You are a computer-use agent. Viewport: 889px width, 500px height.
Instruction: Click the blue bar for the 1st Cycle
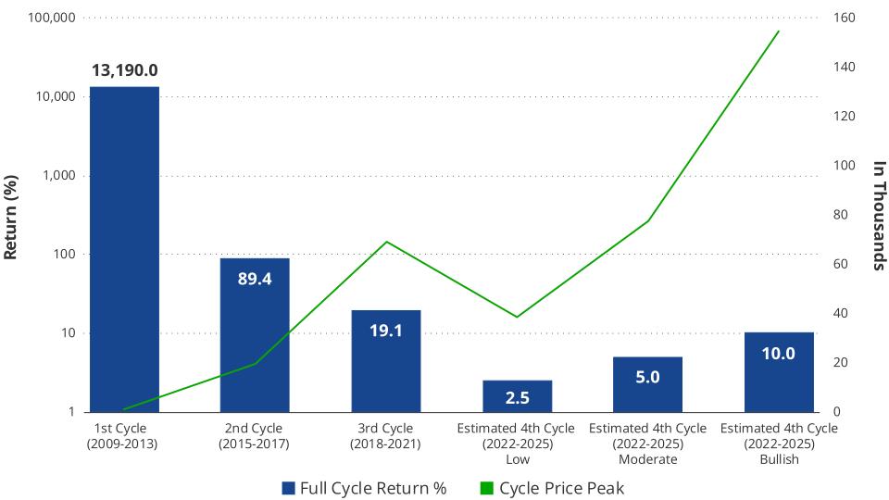[124, 249]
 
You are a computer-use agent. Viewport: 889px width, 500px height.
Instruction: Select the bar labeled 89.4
[255, 334]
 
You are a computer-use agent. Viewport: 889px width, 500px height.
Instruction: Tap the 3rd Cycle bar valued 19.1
[386, 360]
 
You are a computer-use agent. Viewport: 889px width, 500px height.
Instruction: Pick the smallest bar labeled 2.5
[517, 396]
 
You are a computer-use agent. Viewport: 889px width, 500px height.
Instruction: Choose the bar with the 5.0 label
[647, 384]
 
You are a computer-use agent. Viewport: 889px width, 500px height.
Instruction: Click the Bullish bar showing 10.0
[779, 371]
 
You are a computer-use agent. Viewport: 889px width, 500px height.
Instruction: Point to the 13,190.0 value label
[124, 70]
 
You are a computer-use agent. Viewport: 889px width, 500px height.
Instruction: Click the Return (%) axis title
[12, 215]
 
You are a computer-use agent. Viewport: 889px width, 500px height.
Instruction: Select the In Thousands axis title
[880, 215]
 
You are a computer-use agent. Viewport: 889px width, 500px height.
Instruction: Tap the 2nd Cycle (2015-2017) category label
[255, 436]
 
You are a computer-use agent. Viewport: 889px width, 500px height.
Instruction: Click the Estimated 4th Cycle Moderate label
[647, 444]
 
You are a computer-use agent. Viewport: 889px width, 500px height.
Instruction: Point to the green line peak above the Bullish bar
[779, 31]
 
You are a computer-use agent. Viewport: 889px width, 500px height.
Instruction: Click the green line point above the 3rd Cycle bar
[386, 242]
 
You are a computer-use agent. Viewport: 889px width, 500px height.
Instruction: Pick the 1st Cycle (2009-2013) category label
[124, 436]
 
